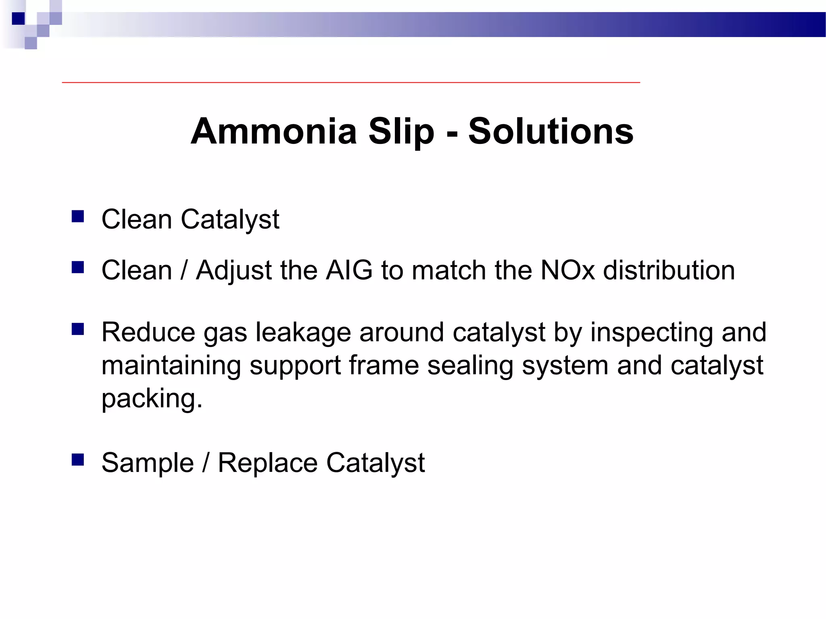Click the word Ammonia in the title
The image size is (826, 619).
click(x=274, y=131)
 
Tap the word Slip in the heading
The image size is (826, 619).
click(x=401, y=131)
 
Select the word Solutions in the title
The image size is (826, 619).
click(x=551, y=131)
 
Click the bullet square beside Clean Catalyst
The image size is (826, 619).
click(x=77, y=217)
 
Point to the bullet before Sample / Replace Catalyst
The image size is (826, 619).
click(x=77, y=460)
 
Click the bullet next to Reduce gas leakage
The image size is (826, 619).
click(x=77, y=329)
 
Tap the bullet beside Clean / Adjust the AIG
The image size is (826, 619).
click(x=77, y=268)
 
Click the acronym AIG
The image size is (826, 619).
click(x=349, y=270)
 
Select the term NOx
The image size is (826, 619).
click(x=567, y=270)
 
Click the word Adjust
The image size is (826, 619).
click(x=234, y=271)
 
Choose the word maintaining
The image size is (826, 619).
click(x=171, y=366)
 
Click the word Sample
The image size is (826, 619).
click(x=148, y=463)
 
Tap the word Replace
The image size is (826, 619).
click(x=267, y=463)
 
